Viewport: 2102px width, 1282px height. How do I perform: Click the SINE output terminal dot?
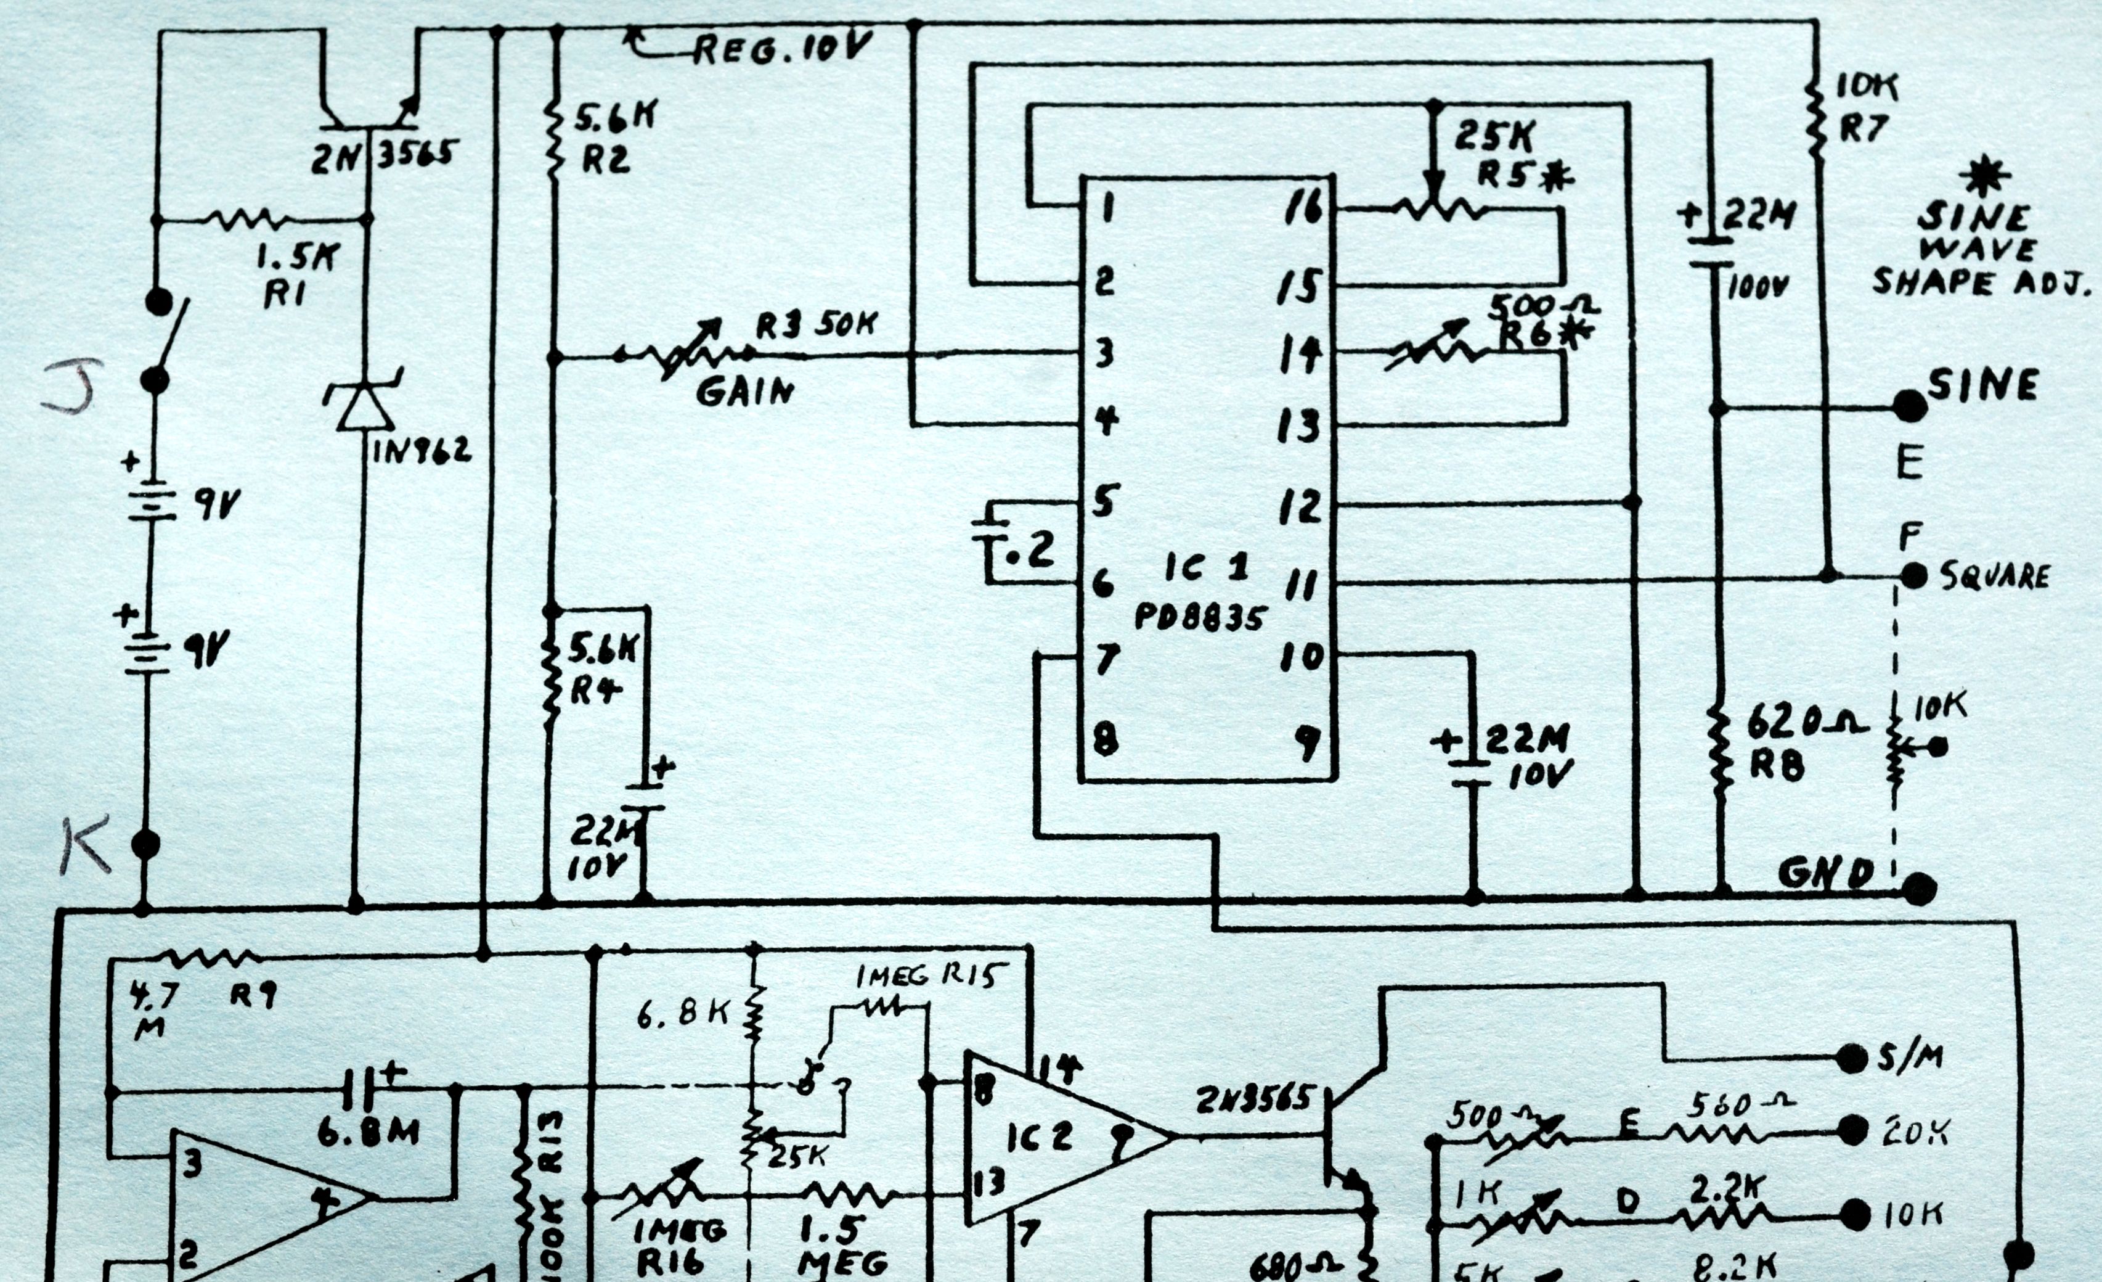[1911, 406]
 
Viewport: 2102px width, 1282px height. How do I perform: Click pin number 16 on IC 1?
[1303, 207]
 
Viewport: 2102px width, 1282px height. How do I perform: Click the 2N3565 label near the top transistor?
[384, 156]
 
